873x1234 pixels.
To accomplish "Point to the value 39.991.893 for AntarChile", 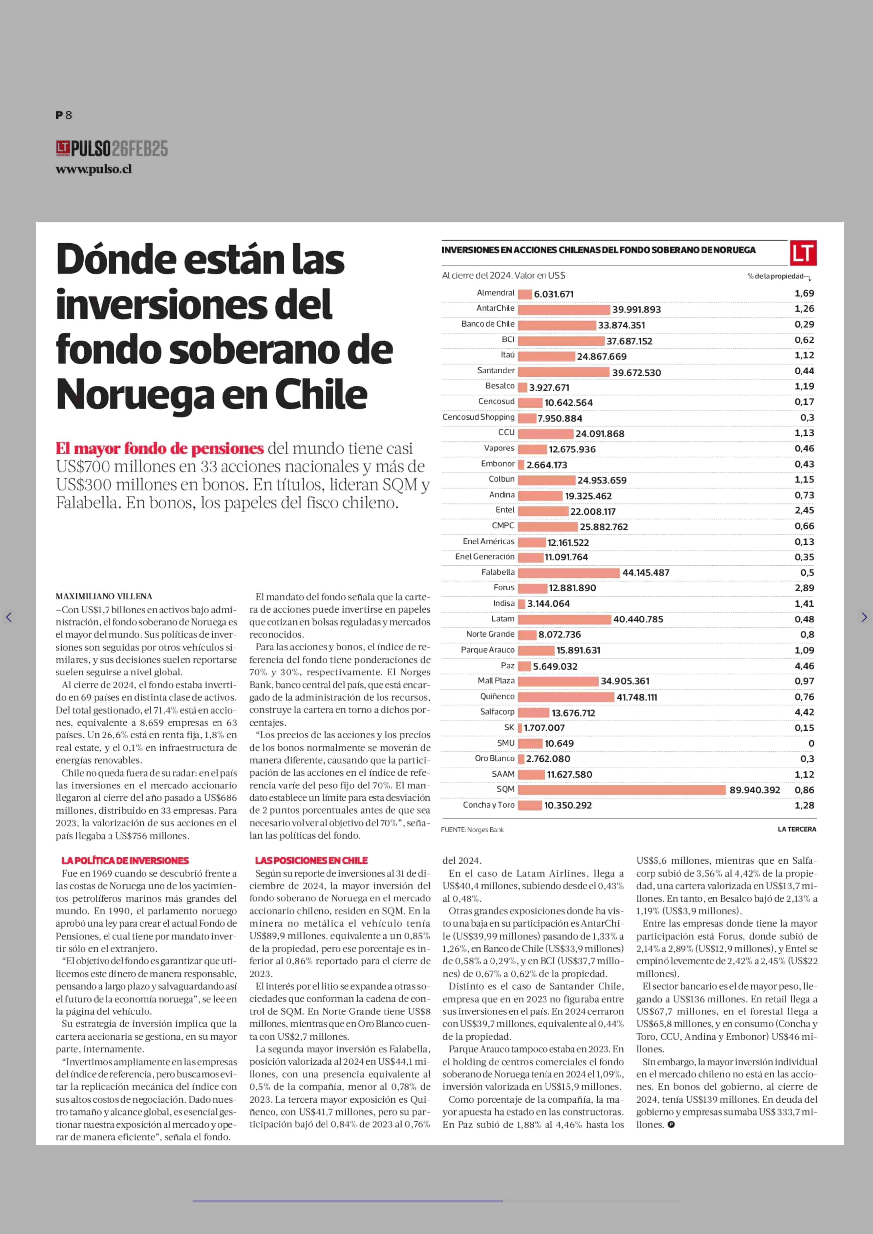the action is [637, 309].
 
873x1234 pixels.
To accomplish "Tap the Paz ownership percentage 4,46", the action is [804, 666].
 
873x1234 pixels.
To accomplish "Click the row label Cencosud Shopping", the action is [478, 417].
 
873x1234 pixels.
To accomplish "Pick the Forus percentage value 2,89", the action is [804, 588].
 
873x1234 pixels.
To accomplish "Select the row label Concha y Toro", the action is [489, 805].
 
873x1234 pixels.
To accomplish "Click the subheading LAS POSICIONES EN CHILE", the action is [311, 860].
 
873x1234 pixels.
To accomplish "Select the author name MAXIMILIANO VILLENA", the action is [104, 596].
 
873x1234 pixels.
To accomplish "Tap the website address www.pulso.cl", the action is [94, 169].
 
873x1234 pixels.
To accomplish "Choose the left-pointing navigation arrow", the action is [9, 617].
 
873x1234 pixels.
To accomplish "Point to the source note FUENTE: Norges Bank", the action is [473, 830].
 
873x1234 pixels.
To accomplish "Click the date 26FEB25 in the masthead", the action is [140, 149].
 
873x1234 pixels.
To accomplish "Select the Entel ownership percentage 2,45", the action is [804, 510].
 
